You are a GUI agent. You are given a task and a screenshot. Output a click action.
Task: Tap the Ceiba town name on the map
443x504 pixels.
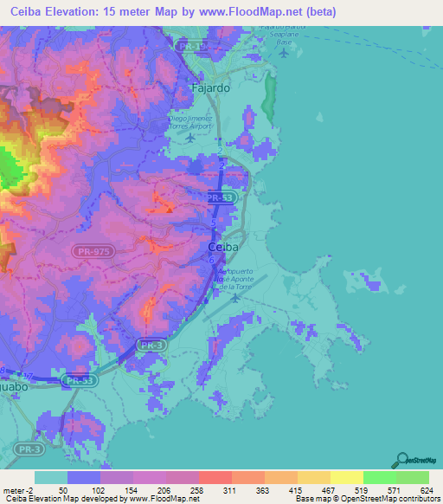coord(224,247)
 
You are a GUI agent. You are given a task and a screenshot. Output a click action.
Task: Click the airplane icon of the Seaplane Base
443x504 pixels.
coord(285,53)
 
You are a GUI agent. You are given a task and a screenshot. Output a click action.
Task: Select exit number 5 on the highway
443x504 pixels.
coord(214,224)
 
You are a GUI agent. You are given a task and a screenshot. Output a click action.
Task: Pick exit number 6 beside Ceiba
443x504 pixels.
coord(211,258)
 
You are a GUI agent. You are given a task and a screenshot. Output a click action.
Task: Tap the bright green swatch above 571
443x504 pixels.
coord(379,477)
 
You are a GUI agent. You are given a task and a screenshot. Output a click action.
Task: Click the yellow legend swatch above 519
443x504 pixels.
coord(346,477)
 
